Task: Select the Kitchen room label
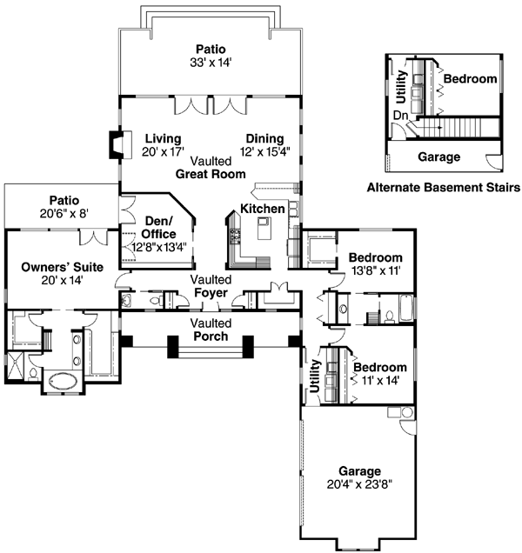tap(262, 210)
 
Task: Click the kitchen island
tap(264, 230)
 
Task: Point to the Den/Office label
tap(158, 227)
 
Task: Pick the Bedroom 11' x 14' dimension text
tap(375, 380)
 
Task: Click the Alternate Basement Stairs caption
tap(443, 187)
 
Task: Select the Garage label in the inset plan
tap(438, 158)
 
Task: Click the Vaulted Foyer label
tap(211, 287)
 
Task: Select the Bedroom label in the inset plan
tap(471, 79)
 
